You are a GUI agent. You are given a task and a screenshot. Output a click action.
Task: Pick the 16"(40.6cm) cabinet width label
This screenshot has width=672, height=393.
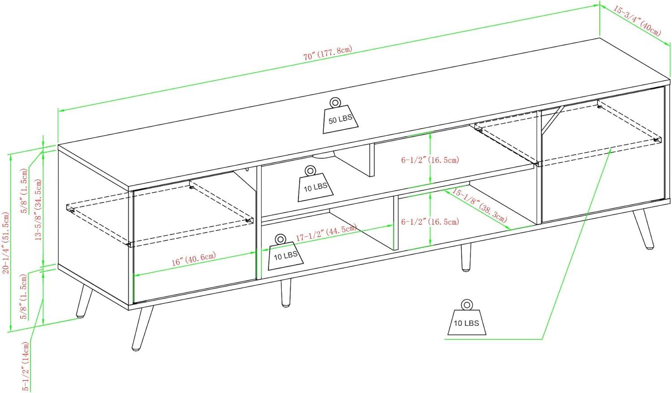[x=194, y=259]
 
